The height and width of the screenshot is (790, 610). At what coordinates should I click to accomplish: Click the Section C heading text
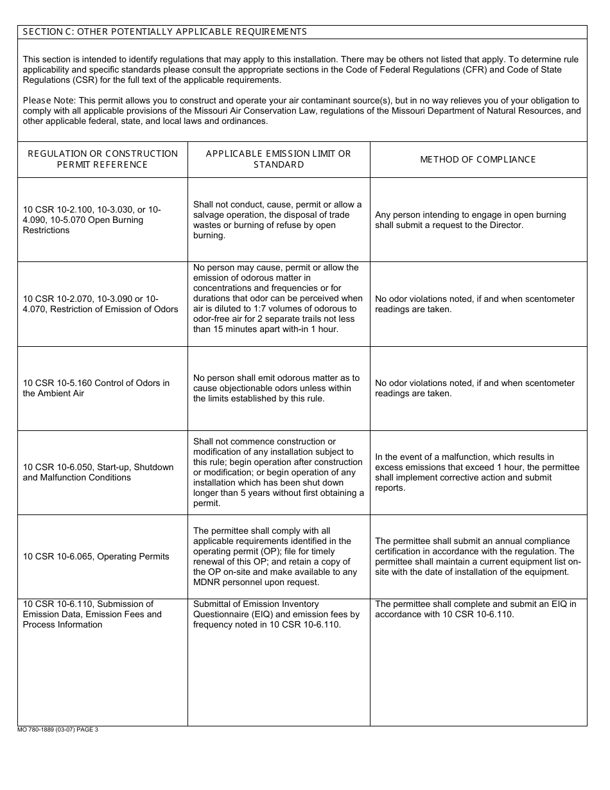(x=165, y=31)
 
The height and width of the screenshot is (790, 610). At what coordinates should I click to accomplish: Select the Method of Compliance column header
(x=478, y=159)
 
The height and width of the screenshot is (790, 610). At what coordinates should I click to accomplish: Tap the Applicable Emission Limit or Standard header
(x=279, y=159)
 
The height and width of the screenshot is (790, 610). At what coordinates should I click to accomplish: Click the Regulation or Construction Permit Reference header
(x=102, y=159)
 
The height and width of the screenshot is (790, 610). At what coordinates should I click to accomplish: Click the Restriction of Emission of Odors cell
(x=100, y=304)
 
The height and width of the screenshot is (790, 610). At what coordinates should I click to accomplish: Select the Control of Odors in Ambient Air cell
(x=96, y=388)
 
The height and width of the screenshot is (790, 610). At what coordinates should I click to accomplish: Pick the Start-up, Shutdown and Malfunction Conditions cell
(x=98, y=472)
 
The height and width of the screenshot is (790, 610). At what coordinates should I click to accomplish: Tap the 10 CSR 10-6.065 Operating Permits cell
(x=96, y=556)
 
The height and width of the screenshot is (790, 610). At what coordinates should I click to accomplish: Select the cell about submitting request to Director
(x=471, y=220)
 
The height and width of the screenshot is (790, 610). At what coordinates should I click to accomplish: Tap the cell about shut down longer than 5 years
(x=278, y=472)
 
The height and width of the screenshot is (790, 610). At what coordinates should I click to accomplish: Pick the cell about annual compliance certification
(x=478, y=556)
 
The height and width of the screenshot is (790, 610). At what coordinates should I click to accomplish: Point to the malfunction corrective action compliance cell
(x=477, y=472)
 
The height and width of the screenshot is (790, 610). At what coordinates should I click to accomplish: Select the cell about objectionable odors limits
(x=276, y=388)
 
